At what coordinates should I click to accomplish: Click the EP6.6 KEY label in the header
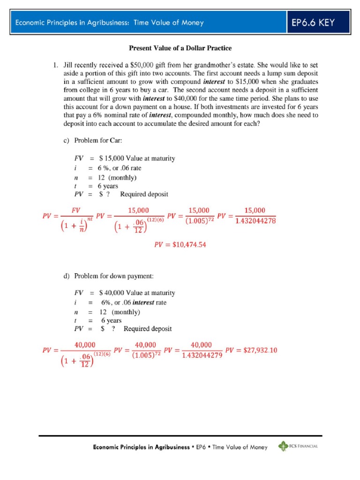(314, 22)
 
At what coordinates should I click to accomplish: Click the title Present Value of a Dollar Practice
(180, 48)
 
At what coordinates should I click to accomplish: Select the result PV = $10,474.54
(180, 244)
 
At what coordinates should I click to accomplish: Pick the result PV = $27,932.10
(251, 350)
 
